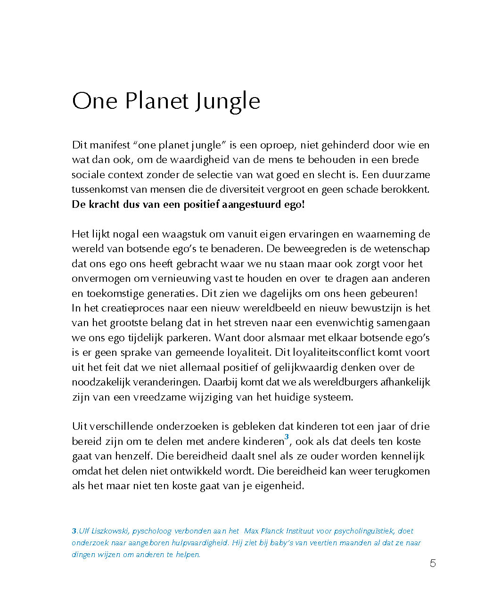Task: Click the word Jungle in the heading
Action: pos(228,101)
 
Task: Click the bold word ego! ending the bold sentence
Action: pos(293,205)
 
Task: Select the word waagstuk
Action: pos(186,234)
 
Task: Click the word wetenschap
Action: pos(402,249)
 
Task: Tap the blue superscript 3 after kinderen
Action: pos(287,437)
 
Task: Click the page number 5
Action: pos(433,564)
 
